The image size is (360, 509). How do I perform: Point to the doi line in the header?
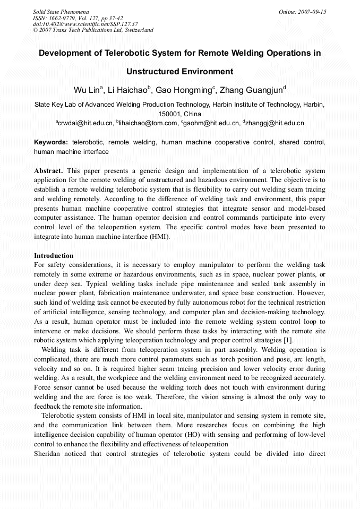coord(85,24)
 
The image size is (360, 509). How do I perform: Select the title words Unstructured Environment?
coord(179,71)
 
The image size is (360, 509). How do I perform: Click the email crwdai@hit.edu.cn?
coord(85,124)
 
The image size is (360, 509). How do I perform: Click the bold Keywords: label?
coord(51,143)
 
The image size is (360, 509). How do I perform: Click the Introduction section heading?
coord(54,256)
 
